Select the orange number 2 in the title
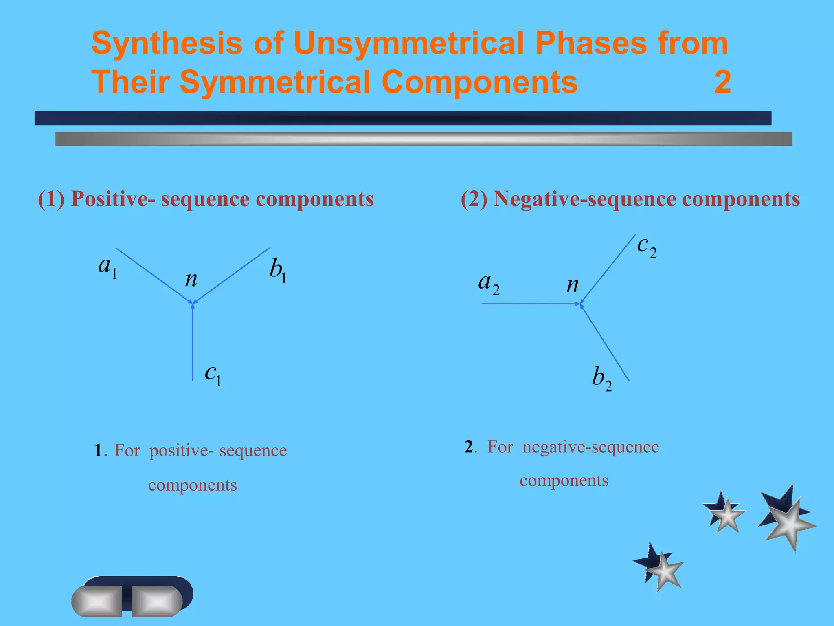(722, 82)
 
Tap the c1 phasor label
(213, 374)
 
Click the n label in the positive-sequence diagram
(191, 280)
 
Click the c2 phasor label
(647, 246)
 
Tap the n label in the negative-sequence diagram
(573, 285)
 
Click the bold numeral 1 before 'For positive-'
(98, 451)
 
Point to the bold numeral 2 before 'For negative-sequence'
(469, 447)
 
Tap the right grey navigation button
(157, 601)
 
